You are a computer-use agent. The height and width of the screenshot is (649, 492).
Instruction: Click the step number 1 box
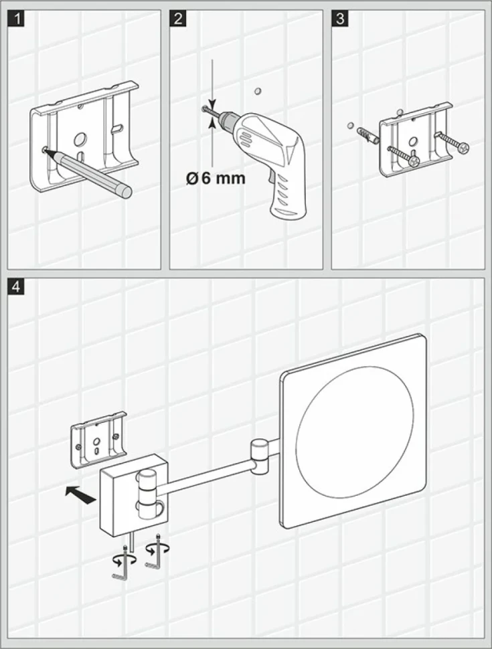(x=17, y=19)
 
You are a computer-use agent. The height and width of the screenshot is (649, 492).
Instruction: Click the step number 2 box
(x=179, y=19)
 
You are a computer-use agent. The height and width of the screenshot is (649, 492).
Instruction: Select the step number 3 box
(x=341, y=19)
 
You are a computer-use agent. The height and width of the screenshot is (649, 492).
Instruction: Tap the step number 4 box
(x=17, y=286)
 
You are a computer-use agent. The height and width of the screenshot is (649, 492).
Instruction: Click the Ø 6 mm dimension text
(x=216, y=179)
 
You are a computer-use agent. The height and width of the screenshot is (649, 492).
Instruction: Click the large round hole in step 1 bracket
(x=80, y=139)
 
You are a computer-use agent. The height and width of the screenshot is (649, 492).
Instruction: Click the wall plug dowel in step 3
(x=367, y=135)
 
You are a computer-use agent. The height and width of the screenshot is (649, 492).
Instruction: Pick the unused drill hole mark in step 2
(x=258, y=90)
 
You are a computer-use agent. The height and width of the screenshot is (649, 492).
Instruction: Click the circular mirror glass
(x=355, y=430)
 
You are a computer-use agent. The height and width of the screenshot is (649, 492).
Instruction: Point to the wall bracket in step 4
(x=98, y=440)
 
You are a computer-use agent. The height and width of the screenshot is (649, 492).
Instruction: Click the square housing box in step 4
(x=133, y=495)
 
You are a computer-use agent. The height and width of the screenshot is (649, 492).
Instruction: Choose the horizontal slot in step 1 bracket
(x=117, y=127)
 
